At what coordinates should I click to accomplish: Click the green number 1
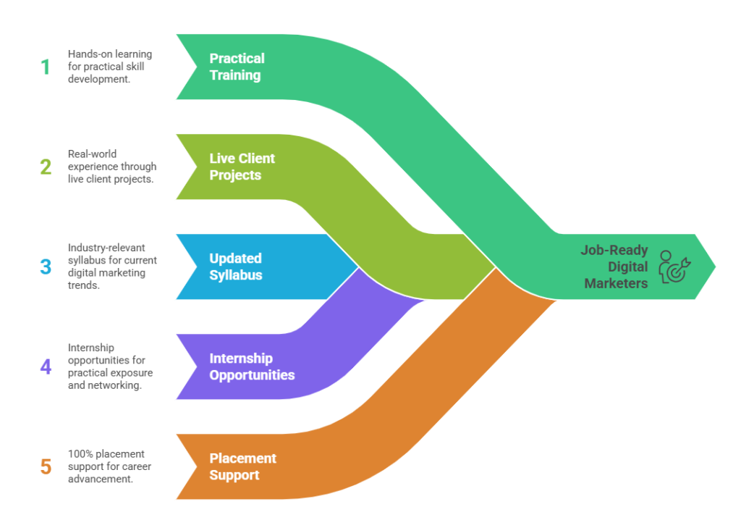[46, 67]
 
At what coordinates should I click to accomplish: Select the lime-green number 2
[46, 167]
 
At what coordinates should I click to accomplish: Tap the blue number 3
[46, 267]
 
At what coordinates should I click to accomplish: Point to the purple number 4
[46, 366]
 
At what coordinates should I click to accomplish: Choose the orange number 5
[46, 466]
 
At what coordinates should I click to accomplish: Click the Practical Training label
[237, 67]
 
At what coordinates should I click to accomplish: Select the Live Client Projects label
[242, 167]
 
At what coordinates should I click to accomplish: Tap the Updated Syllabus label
[236, 267]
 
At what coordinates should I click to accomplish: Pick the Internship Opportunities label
[252, 366]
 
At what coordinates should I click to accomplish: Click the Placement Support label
[243, 466]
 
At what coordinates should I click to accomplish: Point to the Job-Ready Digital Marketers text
[615, 267]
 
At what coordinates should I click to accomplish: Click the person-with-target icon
[674, 267]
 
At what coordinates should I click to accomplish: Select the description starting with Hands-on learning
[110, 67]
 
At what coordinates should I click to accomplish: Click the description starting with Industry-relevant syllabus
[112, 267]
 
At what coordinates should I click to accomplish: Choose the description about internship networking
[111, 366]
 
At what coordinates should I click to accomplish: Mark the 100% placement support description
[109, 466]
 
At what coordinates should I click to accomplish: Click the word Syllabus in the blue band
[236, 275]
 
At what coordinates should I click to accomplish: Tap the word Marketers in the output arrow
[616, 283]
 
